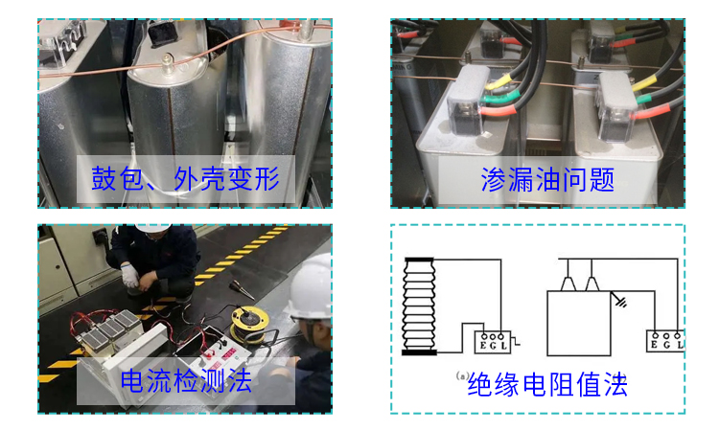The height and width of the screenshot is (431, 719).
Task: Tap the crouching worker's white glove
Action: (130, 277)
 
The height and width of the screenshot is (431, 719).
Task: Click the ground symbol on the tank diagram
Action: (622, 303)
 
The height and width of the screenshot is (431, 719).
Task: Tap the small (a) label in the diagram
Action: (460, 375)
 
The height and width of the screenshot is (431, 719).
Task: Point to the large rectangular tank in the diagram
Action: (578, 327)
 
